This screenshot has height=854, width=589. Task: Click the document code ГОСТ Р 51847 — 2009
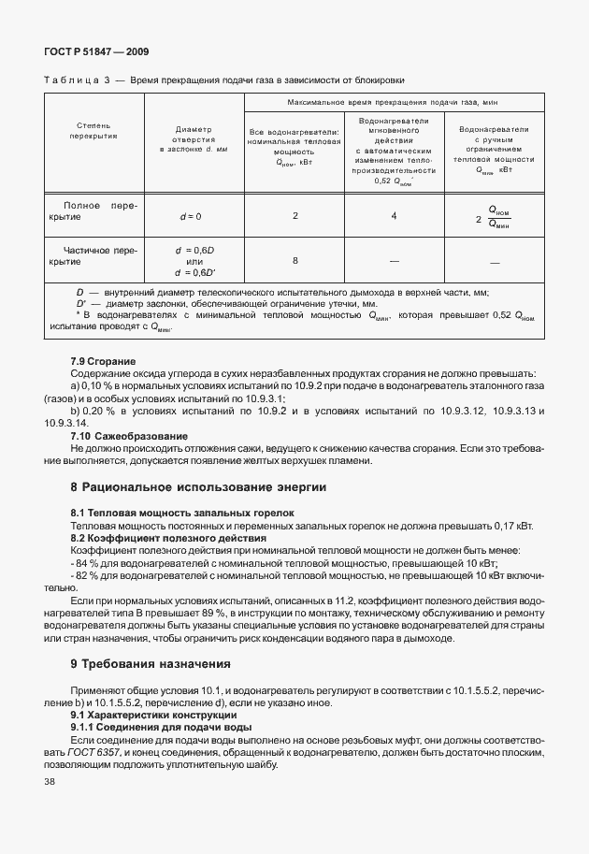click(96, 52)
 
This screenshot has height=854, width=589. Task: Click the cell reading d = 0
click(191, 216)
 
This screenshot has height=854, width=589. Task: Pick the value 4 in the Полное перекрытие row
click(394, 216)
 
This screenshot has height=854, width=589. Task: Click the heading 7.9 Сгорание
click(103, 360)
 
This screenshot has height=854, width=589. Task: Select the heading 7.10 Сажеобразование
click(129, 435)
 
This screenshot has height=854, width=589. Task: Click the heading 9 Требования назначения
click(150, 663)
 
